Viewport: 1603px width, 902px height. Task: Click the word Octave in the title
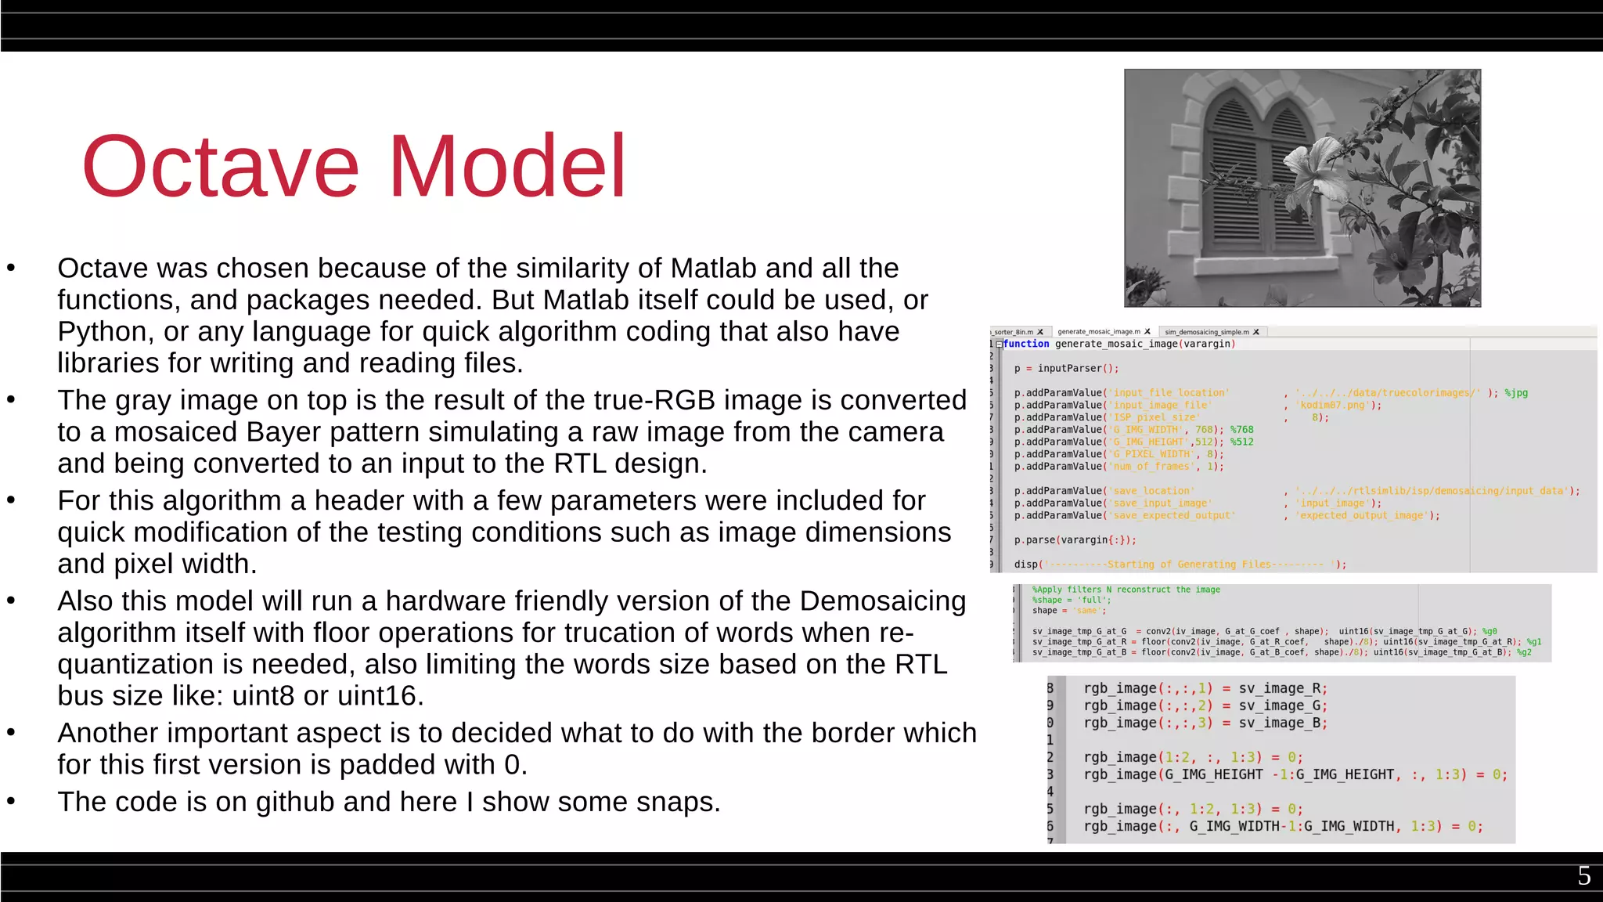pos(220,167)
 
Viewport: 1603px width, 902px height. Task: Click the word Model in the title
pos(507,167)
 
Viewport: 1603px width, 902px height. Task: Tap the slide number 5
pos(1583,875)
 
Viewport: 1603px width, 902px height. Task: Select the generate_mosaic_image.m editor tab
pos(1099,332)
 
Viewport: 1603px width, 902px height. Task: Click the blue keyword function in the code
pos(1026,344)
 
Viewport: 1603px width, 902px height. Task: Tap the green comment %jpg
pos(1516,393)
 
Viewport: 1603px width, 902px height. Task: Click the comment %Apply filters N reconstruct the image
pos(1126,590)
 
